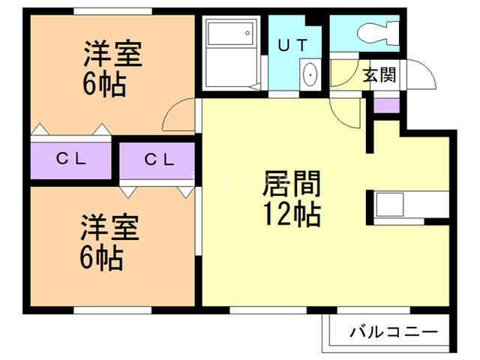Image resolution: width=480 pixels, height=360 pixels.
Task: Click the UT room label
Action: coord(294,44)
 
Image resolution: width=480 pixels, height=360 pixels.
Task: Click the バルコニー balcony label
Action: coord(394,331)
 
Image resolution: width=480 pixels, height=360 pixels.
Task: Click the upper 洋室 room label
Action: coord(112,55)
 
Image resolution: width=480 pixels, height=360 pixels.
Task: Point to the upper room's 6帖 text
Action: coord(103,82)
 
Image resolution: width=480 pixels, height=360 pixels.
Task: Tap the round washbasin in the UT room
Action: coord(310,75)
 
